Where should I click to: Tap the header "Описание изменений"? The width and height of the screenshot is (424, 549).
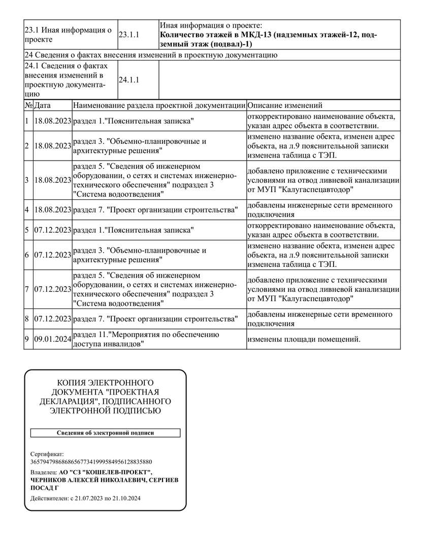tap(285, 106)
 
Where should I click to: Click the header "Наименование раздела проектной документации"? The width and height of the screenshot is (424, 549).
tap(159, 106)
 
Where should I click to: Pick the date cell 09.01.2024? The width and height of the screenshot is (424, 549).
tap(52, 339)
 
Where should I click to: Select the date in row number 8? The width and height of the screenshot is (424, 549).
tap(52, 319)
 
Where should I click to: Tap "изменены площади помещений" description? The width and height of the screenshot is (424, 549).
tap(304, 339)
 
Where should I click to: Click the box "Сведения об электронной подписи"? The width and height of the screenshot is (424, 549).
tap(105, 433)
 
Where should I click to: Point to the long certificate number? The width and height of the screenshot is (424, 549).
tap(91, 462)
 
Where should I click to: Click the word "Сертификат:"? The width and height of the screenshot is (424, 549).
tap(47, 453)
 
